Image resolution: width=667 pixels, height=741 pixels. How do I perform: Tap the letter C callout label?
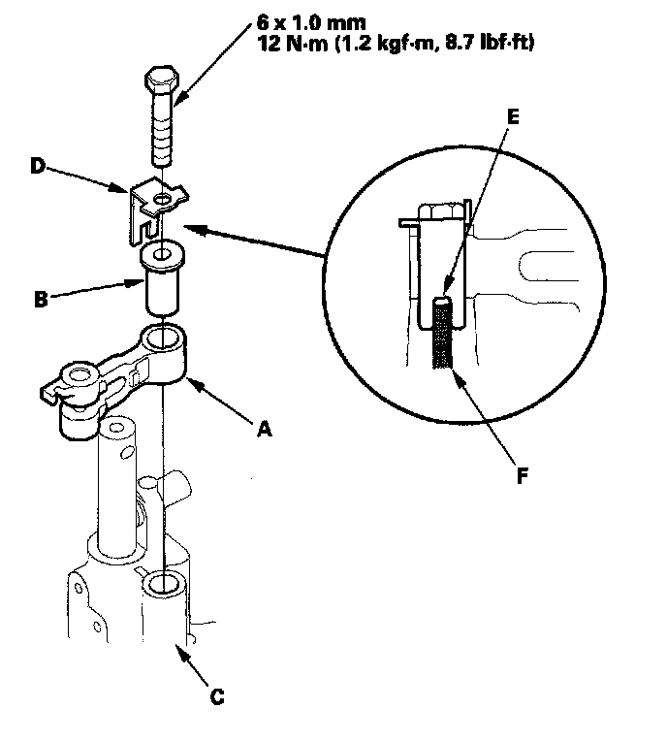219,695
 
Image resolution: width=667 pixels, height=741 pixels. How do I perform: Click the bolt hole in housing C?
162,585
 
